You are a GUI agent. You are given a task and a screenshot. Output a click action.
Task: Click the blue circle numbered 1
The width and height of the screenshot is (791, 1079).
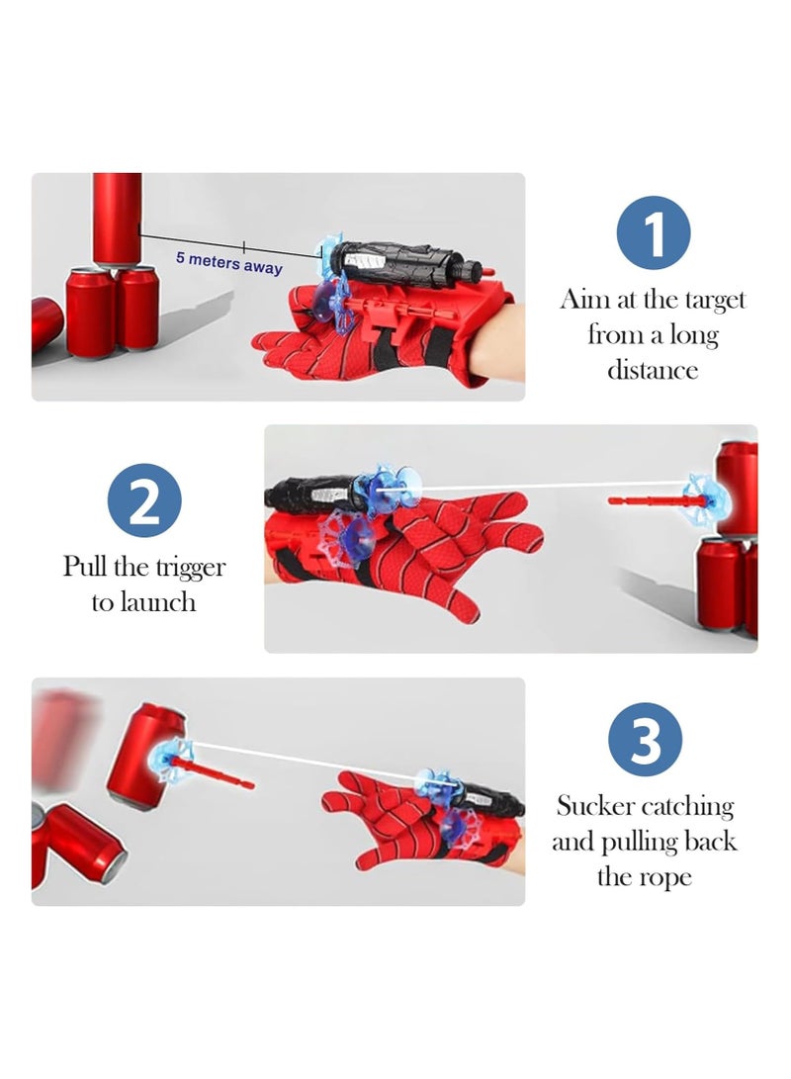[x=653, y=232]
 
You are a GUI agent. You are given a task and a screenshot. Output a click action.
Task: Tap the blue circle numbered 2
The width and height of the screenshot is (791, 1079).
[x=144, y=500]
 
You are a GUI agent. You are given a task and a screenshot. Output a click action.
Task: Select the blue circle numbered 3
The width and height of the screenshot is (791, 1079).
[x=646, y=739]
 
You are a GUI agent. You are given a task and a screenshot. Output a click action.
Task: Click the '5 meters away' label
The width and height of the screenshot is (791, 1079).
[x=229, y=262]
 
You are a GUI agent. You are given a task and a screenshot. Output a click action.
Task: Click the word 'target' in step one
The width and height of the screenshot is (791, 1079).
[x=715, y=300]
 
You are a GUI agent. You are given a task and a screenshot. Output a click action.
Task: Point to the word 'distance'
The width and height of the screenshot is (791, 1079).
[x=653, y=370]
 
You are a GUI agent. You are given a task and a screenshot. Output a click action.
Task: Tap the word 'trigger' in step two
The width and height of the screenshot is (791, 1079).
[x=191, y=567]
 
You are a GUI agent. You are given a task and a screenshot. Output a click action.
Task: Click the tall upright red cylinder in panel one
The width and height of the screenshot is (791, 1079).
[x=118, y=220]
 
